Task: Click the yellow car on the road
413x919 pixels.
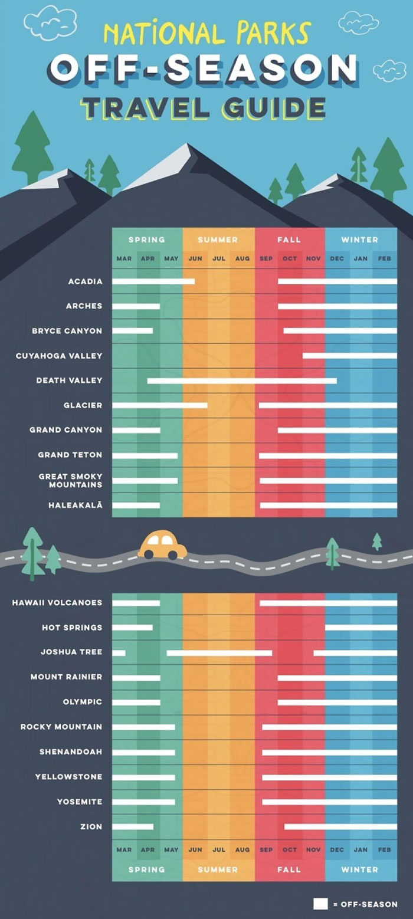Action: pos(162,546)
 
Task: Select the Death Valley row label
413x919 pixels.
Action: pos(69,380)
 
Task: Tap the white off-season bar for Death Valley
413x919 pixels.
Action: pos(242,381)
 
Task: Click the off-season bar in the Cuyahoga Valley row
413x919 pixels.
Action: pos(349,356)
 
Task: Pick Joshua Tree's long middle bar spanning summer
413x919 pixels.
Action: pos(219,653)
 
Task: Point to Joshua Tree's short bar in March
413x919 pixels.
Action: pos(119,653)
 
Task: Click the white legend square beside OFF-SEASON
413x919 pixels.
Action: pos(320,904)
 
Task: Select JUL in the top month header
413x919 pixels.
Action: pos(219,258)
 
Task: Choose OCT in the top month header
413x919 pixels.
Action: pos(290,258)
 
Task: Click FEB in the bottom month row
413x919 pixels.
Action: pos(384,849)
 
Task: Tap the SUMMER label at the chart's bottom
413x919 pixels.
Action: pos(218,869)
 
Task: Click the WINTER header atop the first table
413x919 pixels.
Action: pos(360,239)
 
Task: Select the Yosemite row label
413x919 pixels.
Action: pos(79,802)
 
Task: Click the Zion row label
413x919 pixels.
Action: pos(91,826)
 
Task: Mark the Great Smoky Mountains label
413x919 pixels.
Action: pos(70,480)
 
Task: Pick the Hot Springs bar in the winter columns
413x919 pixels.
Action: pos(360,628)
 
